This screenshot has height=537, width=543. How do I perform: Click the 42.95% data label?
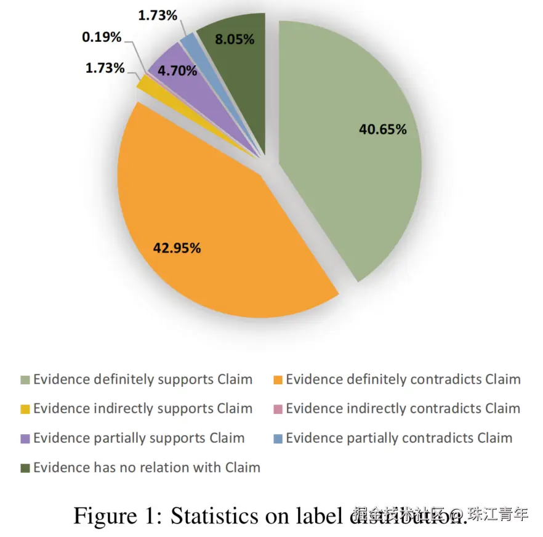pos(177,248)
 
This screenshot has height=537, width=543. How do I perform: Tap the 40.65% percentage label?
pos(382,129)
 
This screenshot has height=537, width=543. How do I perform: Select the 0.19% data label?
pos(102,37)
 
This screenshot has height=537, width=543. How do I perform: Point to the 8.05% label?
pos(235,39)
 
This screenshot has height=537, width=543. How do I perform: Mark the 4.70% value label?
pos(177,71)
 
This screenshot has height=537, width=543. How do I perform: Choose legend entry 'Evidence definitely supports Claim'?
pos(142,379)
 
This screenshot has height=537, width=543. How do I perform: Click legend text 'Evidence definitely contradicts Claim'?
pos(403,379)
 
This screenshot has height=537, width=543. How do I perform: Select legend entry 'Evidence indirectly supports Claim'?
pos(142,408)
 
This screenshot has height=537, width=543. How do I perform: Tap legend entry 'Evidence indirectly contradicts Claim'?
pos(403,408)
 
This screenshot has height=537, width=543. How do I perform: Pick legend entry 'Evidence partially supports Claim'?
pos(139,438)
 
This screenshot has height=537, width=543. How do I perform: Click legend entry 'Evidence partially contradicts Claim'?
pos(399,438)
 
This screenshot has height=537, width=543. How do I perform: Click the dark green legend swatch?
pos(25,468)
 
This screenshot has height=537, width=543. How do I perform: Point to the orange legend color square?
pos(278,380)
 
